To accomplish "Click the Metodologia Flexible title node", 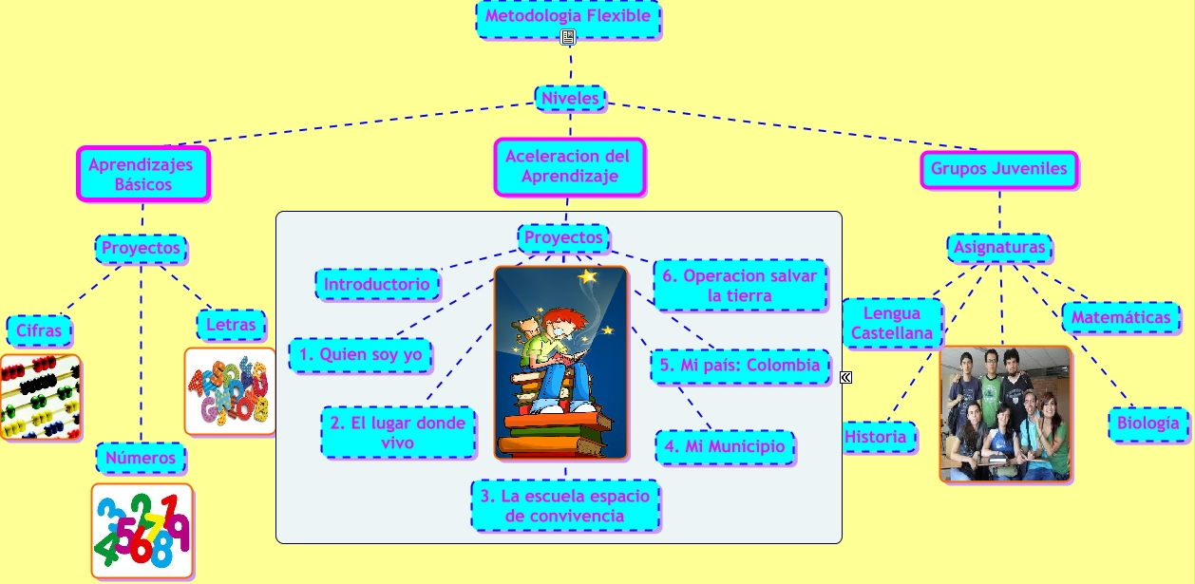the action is pos(568,17).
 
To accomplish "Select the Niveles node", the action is pos(570,98).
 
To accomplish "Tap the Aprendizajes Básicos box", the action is pos(142,174).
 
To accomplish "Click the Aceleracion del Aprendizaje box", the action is pos(569,166).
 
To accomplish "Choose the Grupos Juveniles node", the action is pos(998,170).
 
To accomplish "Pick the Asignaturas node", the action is pos(999,248).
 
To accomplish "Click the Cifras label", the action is pos(39,331).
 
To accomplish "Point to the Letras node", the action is pos(231,325).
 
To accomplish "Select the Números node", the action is pos(141,458).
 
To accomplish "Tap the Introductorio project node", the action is pos(378,284).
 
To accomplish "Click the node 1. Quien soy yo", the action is pos(360,355).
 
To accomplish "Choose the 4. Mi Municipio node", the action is pos(725,446).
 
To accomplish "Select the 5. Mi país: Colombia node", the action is pos(738,366).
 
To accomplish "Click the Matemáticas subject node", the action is pos(1121,317).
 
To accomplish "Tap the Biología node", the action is pos(1148,424).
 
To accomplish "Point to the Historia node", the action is pos(880,437).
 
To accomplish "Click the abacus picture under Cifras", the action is pos(40,397).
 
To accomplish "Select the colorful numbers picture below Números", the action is pos(142,531).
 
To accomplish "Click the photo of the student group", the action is pos(1005,414).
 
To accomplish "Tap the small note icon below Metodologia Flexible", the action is pos(568,38).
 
